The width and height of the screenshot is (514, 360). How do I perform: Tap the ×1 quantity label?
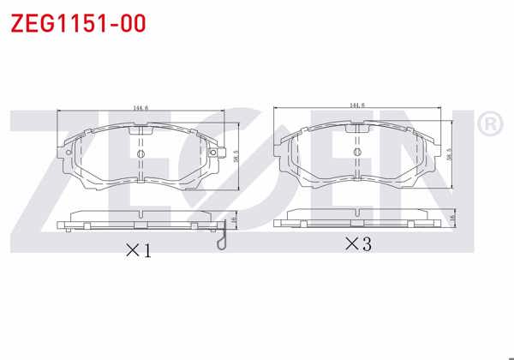[x=139, y=251]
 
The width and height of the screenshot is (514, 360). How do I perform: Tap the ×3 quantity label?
[x=357, y=244]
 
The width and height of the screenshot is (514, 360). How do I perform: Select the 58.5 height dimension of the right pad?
[x=449, y=152]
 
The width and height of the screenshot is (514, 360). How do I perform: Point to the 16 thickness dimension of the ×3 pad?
[x=451, y=219]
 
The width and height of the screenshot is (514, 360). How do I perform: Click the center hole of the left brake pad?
[x=141, y=153]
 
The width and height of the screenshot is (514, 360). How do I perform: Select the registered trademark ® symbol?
[x=488, y=126]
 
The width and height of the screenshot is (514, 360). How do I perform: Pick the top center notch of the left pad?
[x=141, y=130]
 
